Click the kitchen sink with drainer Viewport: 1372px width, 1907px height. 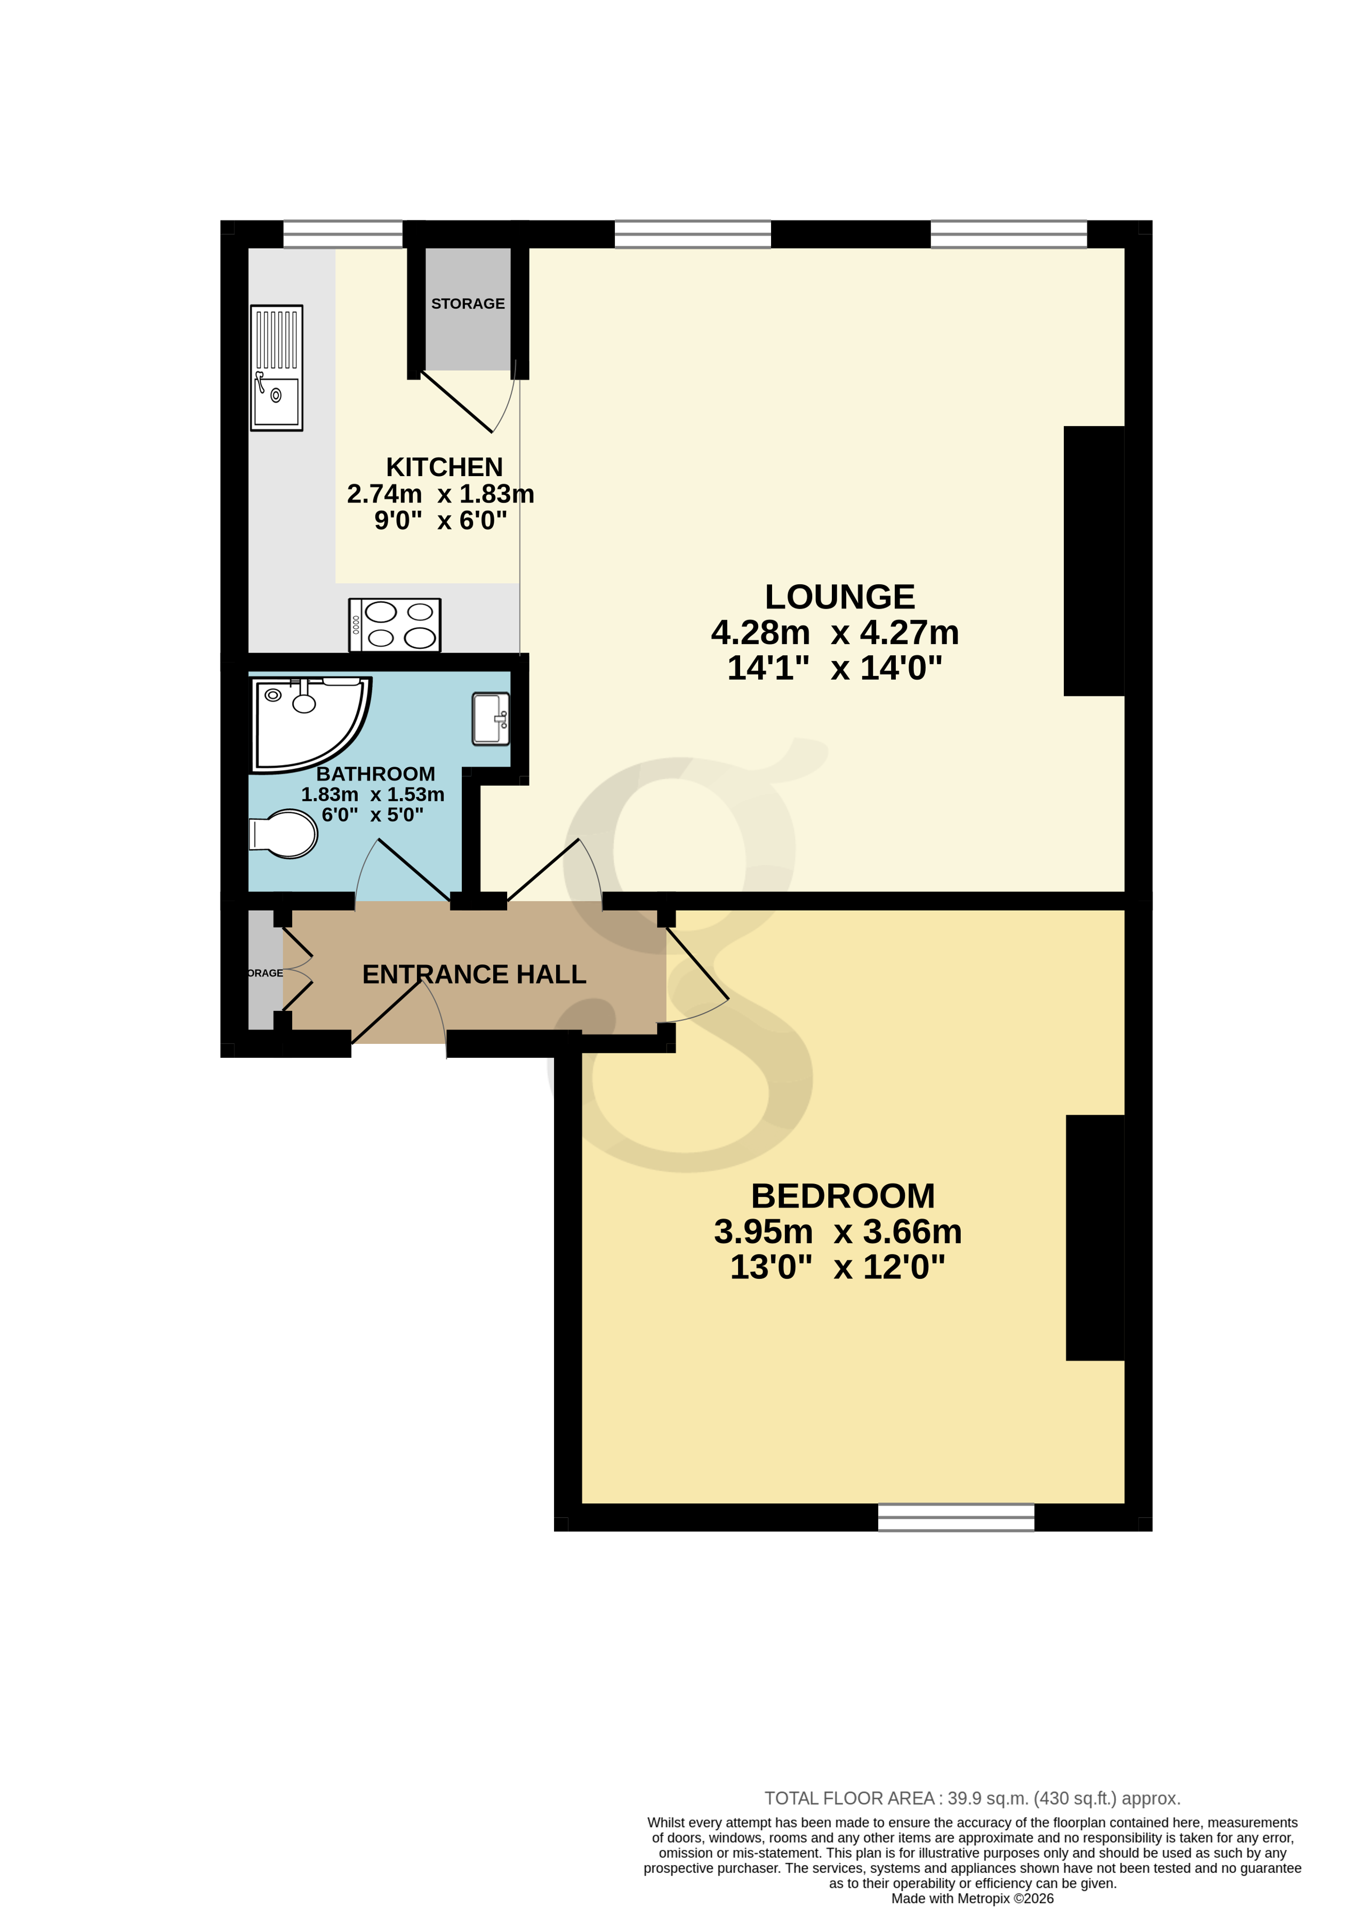tap(276, 367)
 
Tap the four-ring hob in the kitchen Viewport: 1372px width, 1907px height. tap(395, 625)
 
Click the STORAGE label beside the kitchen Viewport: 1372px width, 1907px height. tap(468, 303)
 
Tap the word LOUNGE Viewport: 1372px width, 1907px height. tap(839, 597)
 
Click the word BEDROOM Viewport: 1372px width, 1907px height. tap(842, 1196)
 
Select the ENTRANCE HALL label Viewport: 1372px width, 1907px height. tap(474, 973)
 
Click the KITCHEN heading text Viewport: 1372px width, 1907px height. tap(444, 466)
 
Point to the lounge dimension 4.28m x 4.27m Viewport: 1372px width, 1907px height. tap(835, 632)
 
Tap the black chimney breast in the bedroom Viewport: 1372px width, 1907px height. tap(1094, 1236)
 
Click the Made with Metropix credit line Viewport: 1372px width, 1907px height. tap(972, 1898)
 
